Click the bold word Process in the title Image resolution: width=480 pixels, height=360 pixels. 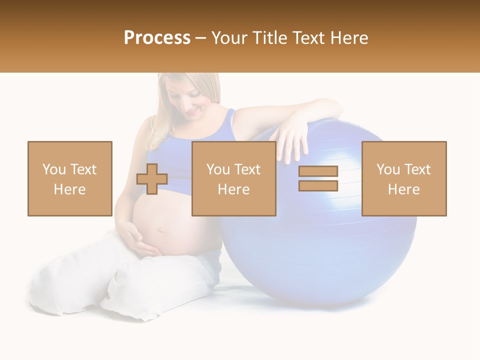pos(157,38)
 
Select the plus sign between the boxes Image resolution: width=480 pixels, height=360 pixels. pos(152,179)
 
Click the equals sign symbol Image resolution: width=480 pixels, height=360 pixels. pos(318,178)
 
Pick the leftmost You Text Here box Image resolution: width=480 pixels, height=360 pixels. pos(69,178)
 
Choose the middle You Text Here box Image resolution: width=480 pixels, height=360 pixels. pos(233,178)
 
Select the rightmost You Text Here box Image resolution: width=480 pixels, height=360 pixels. pos(404,178)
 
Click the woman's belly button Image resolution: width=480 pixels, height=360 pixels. pos(161,231)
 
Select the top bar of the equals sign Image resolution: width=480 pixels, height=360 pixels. pos(318,171)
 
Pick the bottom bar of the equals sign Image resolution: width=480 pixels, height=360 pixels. pos(318,185)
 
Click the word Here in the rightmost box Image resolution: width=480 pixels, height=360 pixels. pos(404,189)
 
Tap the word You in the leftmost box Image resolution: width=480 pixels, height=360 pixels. pos(54,169)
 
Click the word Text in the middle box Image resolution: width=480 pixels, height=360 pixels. pos(247,169)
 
